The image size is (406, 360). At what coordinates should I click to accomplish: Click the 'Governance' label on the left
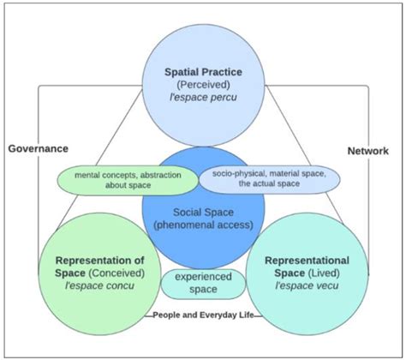(37, 148)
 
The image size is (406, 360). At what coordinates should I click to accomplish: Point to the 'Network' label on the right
(368, 150)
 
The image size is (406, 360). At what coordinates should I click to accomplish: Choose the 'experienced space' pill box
(202, 283)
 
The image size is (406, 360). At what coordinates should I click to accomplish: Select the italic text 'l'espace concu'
(99, 287)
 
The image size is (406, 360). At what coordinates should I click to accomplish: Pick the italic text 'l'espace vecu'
(306, 287)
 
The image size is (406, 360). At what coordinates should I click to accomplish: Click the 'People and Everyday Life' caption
(202, 315)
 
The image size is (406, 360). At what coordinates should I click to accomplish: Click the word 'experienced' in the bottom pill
(202, 277)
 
